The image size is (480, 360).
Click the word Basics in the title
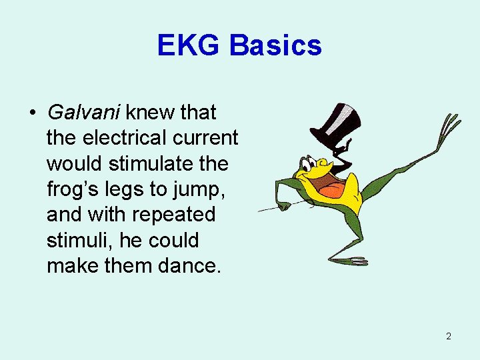275,45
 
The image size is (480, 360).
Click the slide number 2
448,336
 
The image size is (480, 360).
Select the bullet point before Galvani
33,113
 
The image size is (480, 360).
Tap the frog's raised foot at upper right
448,127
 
